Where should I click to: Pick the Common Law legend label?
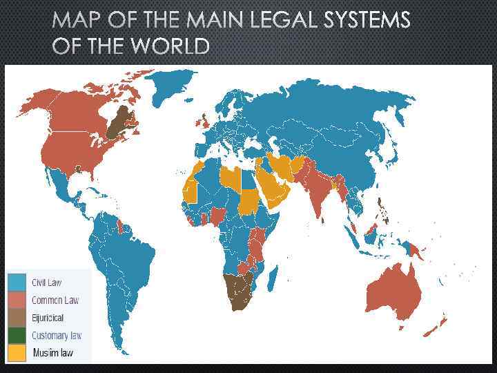click(x=55, y=300)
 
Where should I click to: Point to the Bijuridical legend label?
click(x=48, y=318)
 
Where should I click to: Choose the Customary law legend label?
click(x=57, y=336)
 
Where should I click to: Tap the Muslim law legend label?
click(x=52, y=353)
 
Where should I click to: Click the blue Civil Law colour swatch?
click(x=17, y=283)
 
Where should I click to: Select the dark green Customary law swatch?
click(x=17, y=336)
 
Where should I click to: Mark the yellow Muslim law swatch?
click(x=17, y=353)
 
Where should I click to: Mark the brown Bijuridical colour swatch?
click(x=17, y=318)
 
